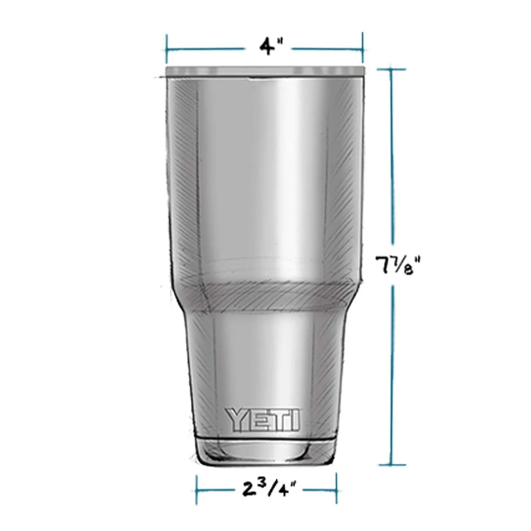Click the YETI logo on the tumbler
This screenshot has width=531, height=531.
point(263,419)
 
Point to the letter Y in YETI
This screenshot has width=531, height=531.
point(236,419)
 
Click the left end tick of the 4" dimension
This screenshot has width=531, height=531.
point(167,50)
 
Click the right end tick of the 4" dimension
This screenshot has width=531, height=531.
point(362,50)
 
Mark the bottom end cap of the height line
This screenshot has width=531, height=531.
point(391,464)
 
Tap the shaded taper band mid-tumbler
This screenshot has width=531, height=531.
point(264,297)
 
